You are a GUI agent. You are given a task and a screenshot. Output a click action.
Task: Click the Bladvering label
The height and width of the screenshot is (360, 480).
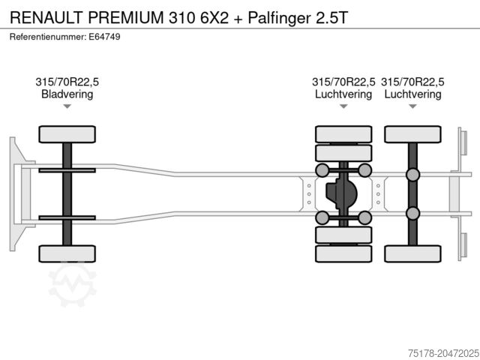pos(67,94)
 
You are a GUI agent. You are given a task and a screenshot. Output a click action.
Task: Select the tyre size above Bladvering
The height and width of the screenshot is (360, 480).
pos(67,82)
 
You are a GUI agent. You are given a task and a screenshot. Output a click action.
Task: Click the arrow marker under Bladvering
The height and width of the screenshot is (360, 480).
pos(67,106)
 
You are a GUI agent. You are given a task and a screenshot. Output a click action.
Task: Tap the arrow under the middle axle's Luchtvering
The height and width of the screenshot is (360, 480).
pos(343,106)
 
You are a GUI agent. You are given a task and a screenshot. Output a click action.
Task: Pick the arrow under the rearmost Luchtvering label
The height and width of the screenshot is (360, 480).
pos(412,106)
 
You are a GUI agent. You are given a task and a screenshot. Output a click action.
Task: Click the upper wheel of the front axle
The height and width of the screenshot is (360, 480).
pos(67,134)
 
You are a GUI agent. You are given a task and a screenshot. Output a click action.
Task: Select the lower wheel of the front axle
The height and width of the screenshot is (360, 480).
pos(67,253)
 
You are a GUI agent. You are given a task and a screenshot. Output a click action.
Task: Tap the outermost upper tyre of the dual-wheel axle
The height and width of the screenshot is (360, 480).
pos(343,134)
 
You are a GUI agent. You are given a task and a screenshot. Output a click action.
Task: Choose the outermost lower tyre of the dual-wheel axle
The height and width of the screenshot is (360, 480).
pos(343,253)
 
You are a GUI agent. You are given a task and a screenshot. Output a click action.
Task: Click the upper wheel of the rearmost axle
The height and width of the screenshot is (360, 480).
pos(412,134)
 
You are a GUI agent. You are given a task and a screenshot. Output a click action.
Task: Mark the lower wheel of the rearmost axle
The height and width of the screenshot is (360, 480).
pos(412,253)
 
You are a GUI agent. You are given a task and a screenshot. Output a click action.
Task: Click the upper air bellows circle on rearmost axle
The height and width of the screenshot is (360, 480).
pos(412,175)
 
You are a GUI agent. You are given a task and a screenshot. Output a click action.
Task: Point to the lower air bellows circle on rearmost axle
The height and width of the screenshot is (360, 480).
pos(412,213)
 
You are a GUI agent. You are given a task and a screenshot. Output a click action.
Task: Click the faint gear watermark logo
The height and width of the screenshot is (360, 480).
pos(73,284)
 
